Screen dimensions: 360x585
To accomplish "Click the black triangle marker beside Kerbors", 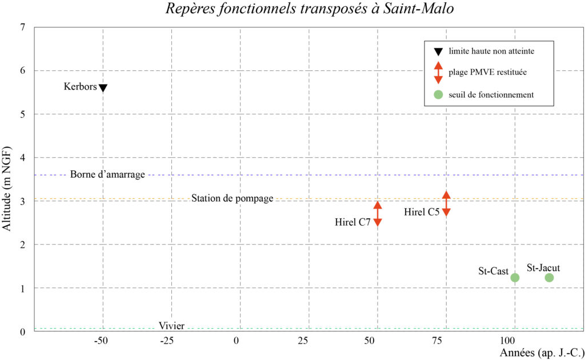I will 103,87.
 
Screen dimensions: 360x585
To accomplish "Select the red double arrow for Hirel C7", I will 378,214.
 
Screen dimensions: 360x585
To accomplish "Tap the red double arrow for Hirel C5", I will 446,203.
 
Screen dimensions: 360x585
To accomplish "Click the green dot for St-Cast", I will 515,278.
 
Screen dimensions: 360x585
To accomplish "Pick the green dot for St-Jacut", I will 549,278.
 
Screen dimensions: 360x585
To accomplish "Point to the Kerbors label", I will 80,87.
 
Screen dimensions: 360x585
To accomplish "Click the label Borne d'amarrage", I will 107,174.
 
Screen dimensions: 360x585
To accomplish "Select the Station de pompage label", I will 232,198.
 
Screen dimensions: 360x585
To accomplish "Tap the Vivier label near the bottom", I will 171,326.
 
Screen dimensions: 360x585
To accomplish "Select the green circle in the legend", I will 438,94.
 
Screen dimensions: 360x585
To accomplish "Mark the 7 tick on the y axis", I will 22,27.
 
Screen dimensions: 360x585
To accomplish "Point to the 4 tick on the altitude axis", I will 22,158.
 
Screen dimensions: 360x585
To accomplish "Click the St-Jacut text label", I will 543,267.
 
